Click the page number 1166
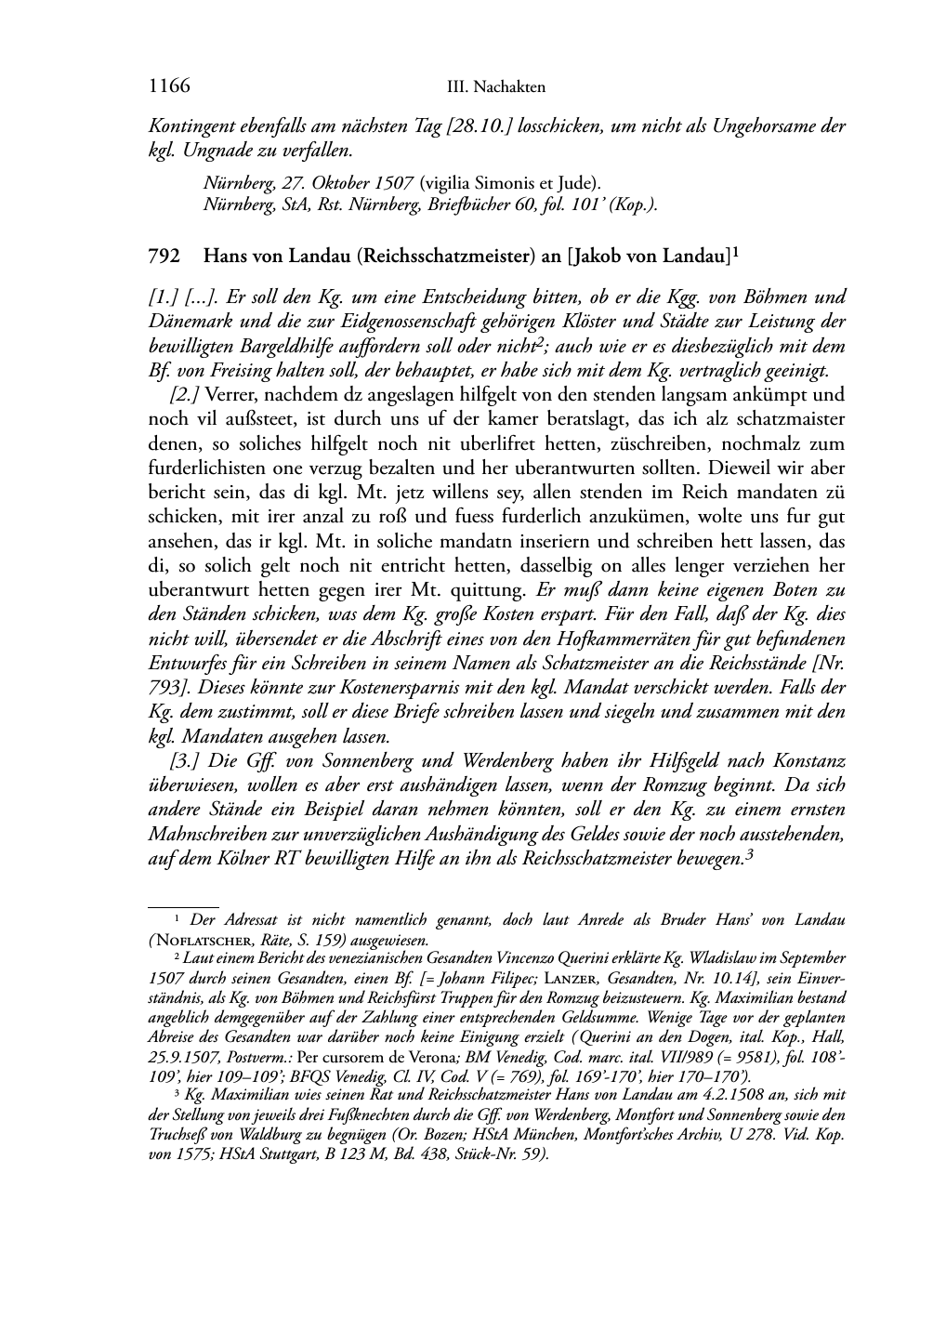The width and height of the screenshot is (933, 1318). click(x=169, y=86)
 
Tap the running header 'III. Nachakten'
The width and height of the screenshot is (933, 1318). click(x=496, y=87)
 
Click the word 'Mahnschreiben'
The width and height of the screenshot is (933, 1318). click(x=206, y=834)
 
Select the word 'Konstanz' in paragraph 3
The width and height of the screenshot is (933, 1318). click(x=811, y=761)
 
